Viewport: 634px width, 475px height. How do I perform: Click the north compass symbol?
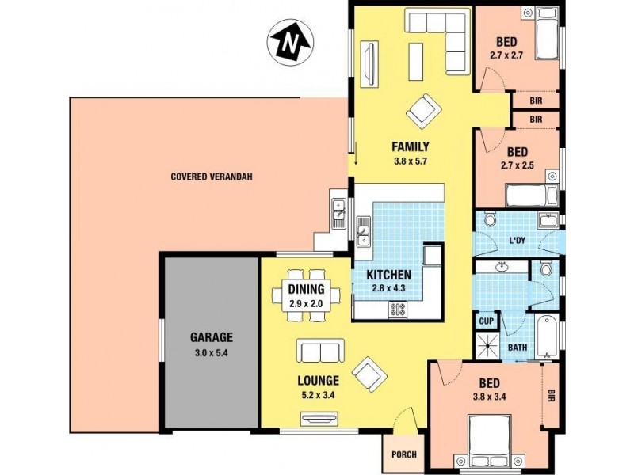(290, 43)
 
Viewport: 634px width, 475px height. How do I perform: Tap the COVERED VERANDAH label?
(212, 177)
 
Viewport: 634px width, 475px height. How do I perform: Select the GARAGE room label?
(212, 337)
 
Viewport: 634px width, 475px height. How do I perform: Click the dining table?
(306, 294)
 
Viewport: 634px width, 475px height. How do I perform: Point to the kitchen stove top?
(397, 310)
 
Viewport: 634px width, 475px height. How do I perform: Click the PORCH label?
(404, 454)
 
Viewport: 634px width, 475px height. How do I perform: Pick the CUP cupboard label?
(486, 321)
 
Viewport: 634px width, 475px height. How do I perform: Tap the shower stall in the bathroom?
(488, 346)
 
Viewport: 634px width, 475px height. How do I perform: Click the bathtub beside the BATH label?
(547, 336)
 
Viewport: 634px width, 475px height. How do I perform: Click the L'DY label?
(518, 241)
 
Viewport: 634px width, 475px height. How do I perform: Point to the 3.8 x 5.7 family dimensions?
(411, 161)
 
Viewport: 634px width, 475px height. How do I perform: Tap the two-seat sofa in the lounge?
(320, 351)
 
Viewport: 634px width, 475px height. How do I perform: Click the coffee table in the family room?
(415, 62)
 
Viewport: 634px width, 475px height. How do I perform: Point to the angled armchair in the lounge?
(369, 374)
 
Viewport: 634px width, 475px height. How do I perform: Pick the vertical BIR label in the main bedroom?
(550, 395)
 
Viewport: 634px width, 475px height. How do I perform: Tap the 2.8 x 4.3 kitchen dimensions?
(388, 288)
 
